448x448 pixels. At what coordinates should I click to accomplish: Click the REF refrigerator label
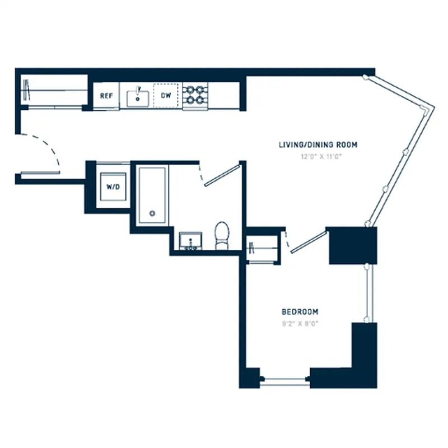click(106, 96)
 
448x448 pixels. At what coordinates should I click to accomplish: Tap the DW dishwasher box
click(166, 96)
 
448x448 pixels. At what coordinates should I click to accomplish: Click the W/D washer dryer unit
click(113, 186)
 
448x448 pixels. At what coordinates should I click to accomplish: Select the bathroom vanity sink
click(190, 241)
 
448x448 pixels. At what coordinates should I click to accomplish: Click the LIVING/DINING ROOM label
click(318, 144)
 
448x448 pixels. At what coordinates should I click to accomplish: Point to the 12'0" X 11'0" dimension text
click(318, 156)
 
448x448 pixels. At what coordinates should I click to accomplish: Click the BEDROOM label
click(300, 311)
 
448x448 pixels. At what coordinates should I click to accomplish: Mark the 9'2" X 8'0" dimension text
click(300, 323)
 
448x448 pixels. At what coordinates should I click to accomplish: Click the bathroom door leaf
click(222, 175)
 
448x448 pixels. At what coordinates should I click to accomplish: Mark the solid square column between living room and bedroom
click(353, 245)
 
